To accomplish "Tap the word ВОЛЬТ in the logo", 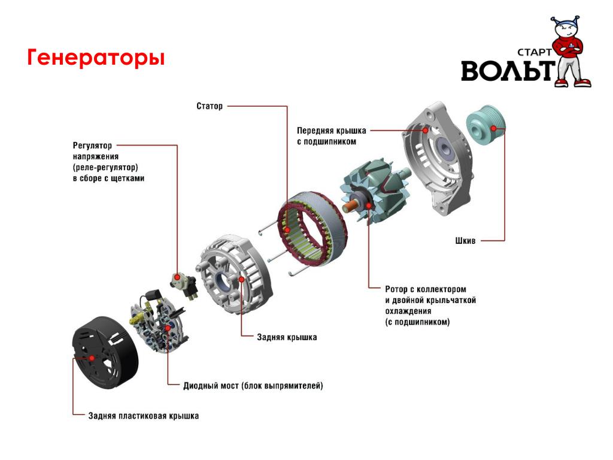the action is pyautogui.click(x=508, y=71).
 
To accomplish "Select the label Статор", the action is pyautogui.click(x=209, y=106).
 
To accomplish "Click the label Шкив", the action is pyautogui.click(x=465, y=241).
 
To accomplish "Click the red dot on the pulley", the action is pyautogui.click(x=494, y=128).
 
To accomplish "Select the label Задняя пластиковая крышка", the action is pyautogui.click(x=144, y=416).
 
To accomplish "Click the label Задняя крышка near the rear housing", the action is pyautogui.click(x=287, y=337).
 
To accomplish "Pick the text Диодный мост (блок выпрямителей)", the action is pyautogui.click(x=253, y=386).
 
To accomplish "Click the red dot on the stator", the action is pyautogui.click(x=287, y=230).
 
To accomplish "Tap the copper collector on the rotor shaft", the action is pyautogui.click(x=349, y=206).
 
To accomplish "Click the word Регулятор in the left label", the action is pyautogui.click(x=92, y=146).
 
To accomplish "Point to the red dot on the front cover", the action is pyautogui.click(x=426, y=130).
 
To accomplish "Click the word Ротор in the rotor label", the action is pyautogui.click(x=396, y=289).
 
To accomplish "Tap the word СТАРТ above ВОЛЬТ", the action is pyautogui.click(x=534, y=52).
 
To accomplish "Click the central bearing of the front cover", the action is pyautogui.click(x=445, y=149).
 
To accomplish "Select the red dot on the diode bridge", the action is pyautogui.click(x=168, y=328).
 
